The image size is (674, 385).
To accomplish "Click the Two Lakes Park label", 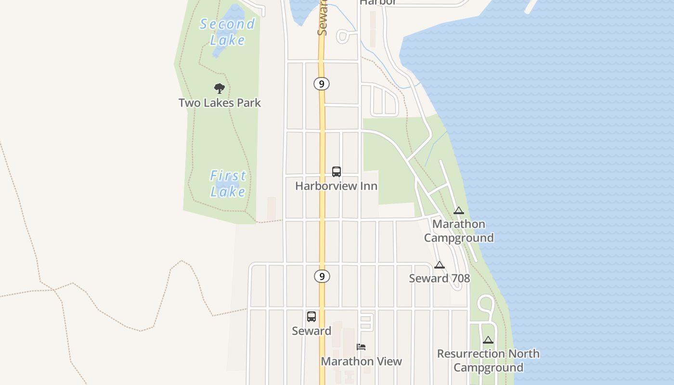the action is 220,103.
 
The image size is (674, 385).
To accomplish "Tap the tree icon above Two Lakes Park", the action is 220,88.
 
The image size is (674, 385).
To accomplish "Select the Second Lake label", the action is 227,31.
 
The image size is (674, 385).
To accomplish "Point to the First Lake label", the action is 228,183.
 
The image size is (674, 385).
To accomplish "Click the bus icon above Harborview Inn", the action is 337,171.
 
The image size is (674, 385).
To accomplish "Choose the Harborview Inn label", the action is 336,186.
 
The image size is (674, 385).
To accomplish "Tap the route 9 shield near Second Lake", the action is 322,84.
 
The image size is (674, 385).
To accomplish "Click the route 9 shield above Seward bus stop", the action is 322,276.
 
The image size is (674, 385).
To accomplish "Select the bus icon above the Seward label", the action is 311,316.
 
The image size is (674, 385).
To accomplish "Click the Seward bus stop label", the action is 311,331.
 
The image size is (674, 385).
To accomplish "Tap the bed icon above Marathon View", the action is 361,346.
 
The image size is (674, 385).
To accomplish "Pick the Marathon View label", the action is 361,361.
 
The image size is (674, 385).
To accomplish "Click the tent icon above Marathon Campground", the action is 458,210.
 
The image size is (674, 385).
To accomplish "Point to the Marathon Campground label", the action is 459,231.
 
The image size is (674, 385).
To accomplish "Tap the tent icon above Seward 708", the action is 439,265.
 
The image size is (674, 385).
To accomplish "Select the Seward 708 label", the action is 439,278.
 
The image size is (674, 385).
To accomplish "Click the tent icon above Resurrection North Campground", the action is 488,340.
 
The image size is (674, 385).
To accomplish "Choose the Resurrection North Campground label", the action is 488,360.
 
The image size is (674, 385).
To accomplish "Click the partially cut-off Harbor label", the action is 378,2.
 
